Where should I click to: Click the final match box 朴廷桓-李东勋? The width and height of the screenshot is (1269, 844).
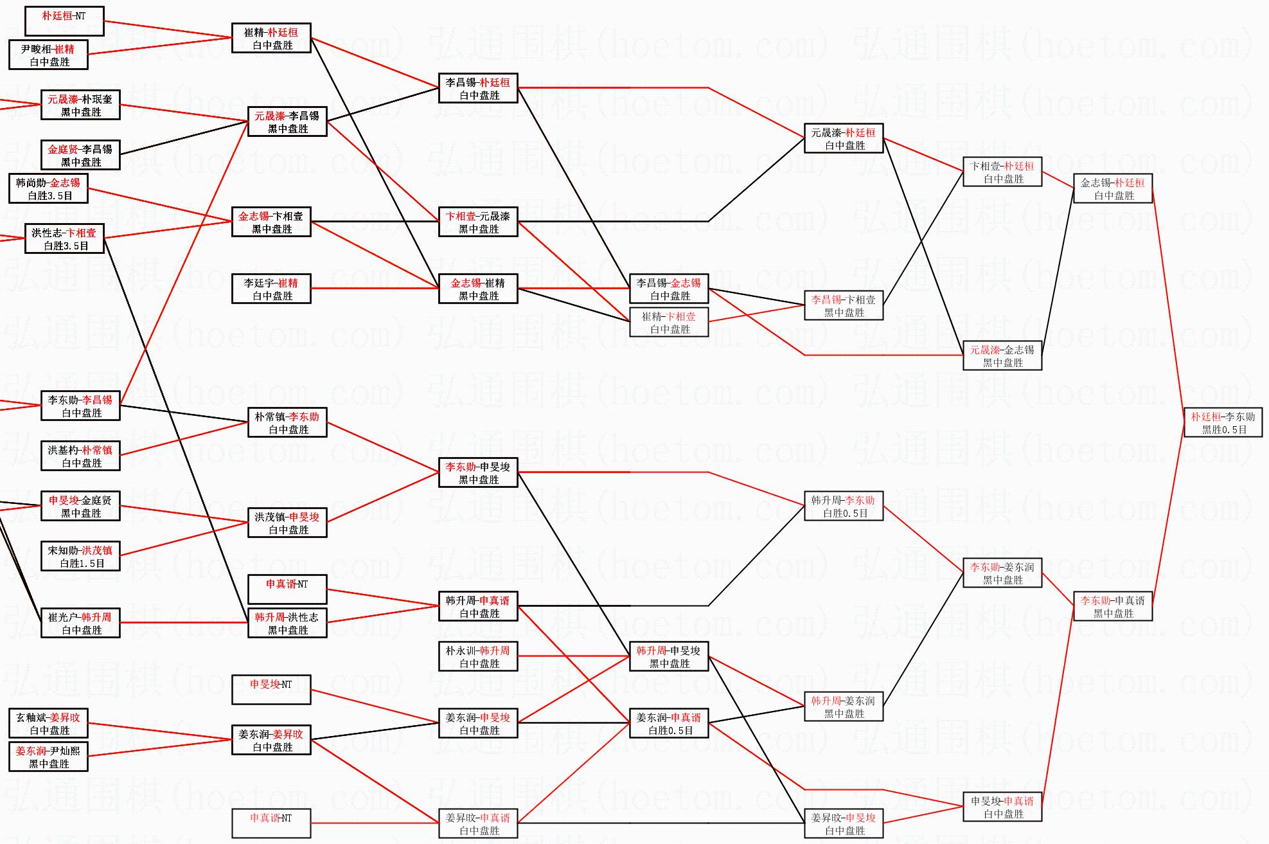(1223, 422)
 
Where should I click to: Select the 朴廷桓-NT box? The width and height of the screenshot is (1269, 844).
(64, 21)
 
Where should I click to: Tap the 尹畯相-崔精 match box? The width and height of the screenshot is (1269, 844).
(48, 55)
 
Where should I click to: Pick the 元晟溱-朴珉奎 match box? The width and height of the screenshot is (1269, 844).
(80, 105)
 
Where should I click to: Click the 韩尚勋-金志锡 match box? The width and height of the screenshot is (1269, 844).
(48, 188)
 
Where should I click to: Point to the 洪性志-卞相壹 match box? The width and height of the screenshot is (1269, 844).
(64, 238)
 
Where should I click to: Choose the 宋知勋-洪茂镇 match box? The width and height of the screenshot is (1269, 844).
(80, 556)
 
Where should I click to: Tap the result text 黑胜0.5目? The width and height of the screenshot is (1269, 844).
(1224, 429)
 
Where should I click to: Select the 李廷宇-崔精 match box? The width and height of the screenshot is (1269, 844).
(271, 289)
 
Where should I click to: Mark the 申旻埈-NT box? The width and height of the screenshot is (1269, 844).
(271, 690)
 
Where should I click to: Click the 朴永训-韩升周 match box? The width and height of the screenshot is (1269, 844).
(478, 656)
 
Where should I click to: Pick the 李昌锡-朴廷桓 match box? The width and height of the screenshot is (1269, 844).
(478, 88)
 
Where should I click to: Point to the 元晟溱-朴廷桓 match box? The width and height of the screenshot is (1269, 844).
(844, 138)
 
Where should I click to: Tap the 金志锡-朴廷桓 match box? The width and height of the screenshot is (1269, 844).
(1113, 188)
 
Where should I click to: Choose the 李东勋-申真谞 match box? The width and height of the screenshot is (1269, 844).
(1113, 606)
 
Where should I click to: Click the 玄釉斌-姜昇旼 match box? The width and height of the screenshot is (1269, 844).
(48, 723)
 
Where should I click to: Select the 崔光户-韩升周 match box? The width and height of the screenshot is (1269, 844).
(80, 623)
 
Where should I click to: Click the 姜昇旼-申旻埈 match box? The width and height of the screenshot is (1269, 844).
(844, 823)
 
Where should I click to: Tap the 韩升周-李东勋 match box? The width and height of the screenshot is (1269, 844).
(844, 506)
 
